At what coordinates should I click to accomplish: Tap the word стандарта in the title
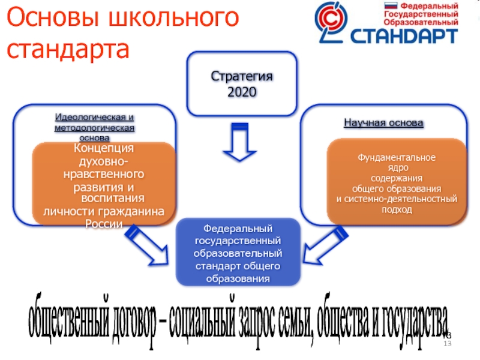point(68,49)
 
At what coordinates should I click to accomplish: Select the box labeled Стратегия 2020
point(242,84)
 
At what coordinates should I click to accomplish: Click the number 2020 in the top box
point(242,92)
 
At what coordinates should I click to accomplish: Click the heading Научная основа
point(383,123)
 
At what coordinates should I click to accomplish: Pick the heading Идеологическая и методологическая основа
point(94,127)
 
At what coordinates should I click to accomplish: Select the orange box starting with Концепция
point(103,184)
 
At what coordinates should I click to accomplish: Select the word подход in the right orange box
point(397,209)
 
